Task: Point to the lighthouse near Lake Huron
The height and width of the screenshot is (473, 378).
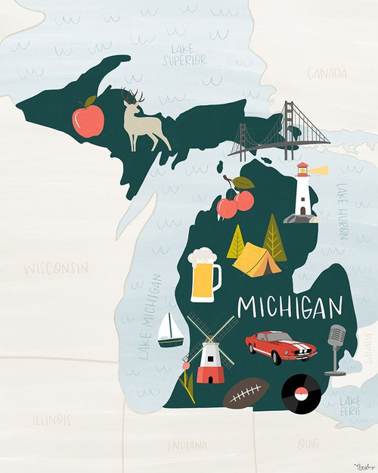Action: point(303,194)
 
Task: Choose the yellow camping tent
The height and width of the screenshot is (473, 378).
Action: point(257,262)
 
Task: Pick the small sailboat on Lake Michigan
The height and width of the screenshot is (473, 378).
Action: point(171,331)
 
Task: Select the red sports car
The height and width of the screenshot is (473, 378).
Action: point(277,347)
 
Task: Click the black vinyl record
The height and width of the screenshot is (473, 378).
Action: point(301,391)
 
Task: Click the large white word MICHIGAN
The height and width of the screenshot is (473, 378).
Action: point(290,307)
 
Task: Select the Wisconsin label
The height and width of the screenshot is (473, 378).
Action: point(54,269)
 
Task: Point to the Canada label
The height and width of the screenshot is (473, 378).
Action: point(327,73)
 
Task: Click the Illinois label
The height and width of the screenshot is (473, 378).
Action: point(51,419)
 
